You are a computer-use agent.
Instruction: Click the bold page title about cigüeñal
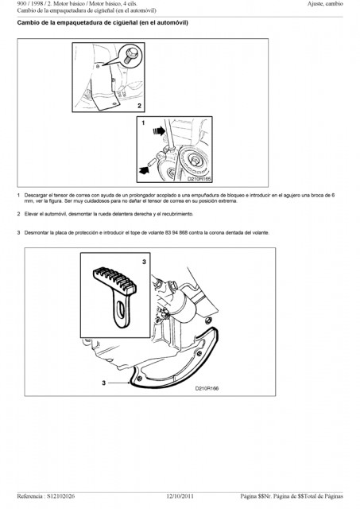pyautogui.click(x=103, y=23)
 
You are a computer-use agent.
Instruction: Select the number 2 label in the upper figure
pyautogui.click(x=139, y=106)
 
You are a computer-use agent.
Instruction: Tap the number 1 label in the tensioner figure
pyautogui.click(x=143, y=123)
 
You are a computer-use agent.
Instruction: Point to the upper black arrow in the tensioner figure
pyautogui.click(x=159, y=130)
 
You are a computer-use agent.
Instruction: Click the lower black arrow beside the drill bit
pyautogui.click(x=143, y=169)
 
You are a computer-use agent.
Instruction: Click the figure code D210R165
pyautogui.click(x=199, y=178)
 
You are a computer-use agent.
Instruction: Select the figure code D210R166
pyautogui.click(x=207, y=388)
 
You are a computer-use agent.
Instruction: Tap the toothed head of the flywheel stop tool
pyautogui.click(x=114, y=280)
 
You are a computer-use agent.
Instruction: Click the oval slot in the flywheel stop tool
pyautogui.click(x=121, y=309)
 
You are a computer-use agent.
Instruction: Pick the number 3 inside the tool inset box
pyautogui.click(x=144, y=262)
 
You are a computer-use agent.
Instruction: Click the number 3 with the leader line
pyautogui.click(x=104, y=383)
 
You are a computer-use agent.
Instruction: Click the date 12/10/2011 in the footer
pyautogui.click(x=180, y=496)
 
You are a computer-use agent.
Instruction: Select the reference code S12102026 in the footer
pyautogui.click(x=60, y=496)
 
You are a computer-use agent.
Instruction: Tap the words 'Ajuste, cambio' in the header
pyautogui.click(x=325, y=4)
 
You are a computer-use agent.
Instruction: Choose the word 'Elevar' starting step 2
pyautogui.click(x=31, y=214)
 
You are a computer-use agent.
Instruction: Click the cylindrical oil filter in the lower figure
pyautogui.click(x=185, y=304)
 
